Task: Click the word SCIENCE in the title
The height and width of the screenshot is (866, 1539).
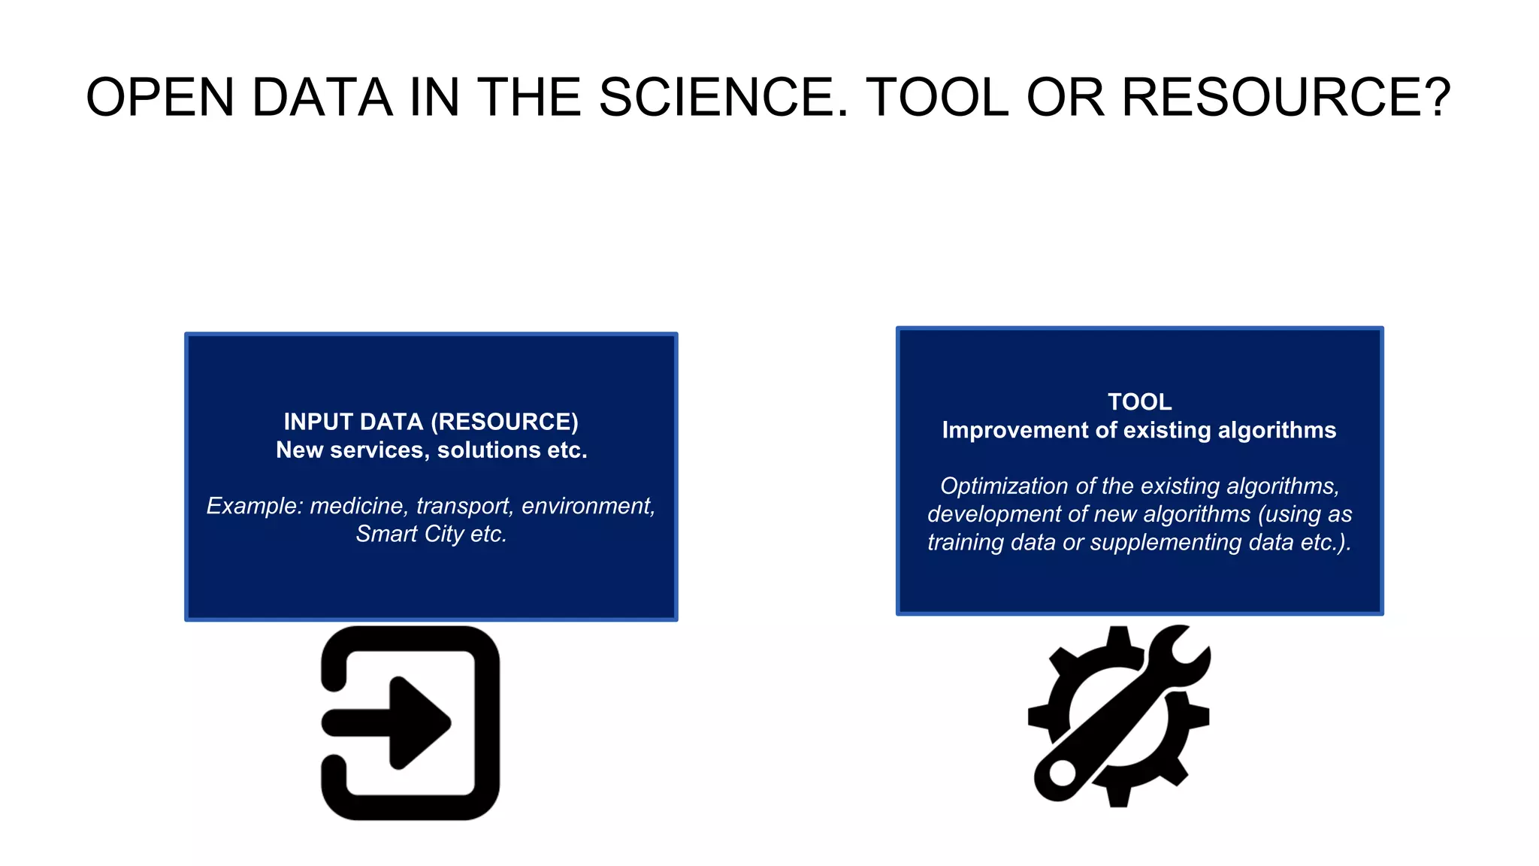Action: pyautogui.click(x=723, y=98)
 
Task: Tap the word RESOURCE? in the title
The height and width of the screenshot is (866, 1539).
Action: pyautogui.click(x=1286, y=98)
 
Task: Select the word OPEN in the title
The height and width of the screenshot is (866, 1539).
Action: pyautogui.click(x=160, y=98)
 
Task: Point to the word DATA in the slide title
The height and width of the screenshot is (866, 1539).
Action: pyautogui.click(x=322, y=98)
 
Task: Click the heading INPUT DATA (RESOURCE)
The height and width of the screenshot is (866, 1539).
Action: pyautogui.click(x=431, y=422)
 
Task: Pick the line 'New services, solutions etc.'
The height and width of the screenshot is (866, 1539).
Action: pyautogui.click(x=431, y=450)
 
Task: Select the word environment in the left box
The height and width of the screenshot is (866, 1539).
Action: pyautogui.click(x=588, y=506)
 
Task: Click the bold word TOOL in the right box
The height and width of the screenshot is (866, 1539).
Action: pyautogui.click(x=1139, y=402)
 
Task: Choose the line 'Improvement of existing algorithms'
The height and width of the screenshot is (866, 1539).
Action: pyautogui.click(x=1139, y=430)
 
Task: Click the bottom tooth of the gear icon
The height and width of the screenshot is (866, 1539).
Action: pyautogui.click(x=1118, y=797)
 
